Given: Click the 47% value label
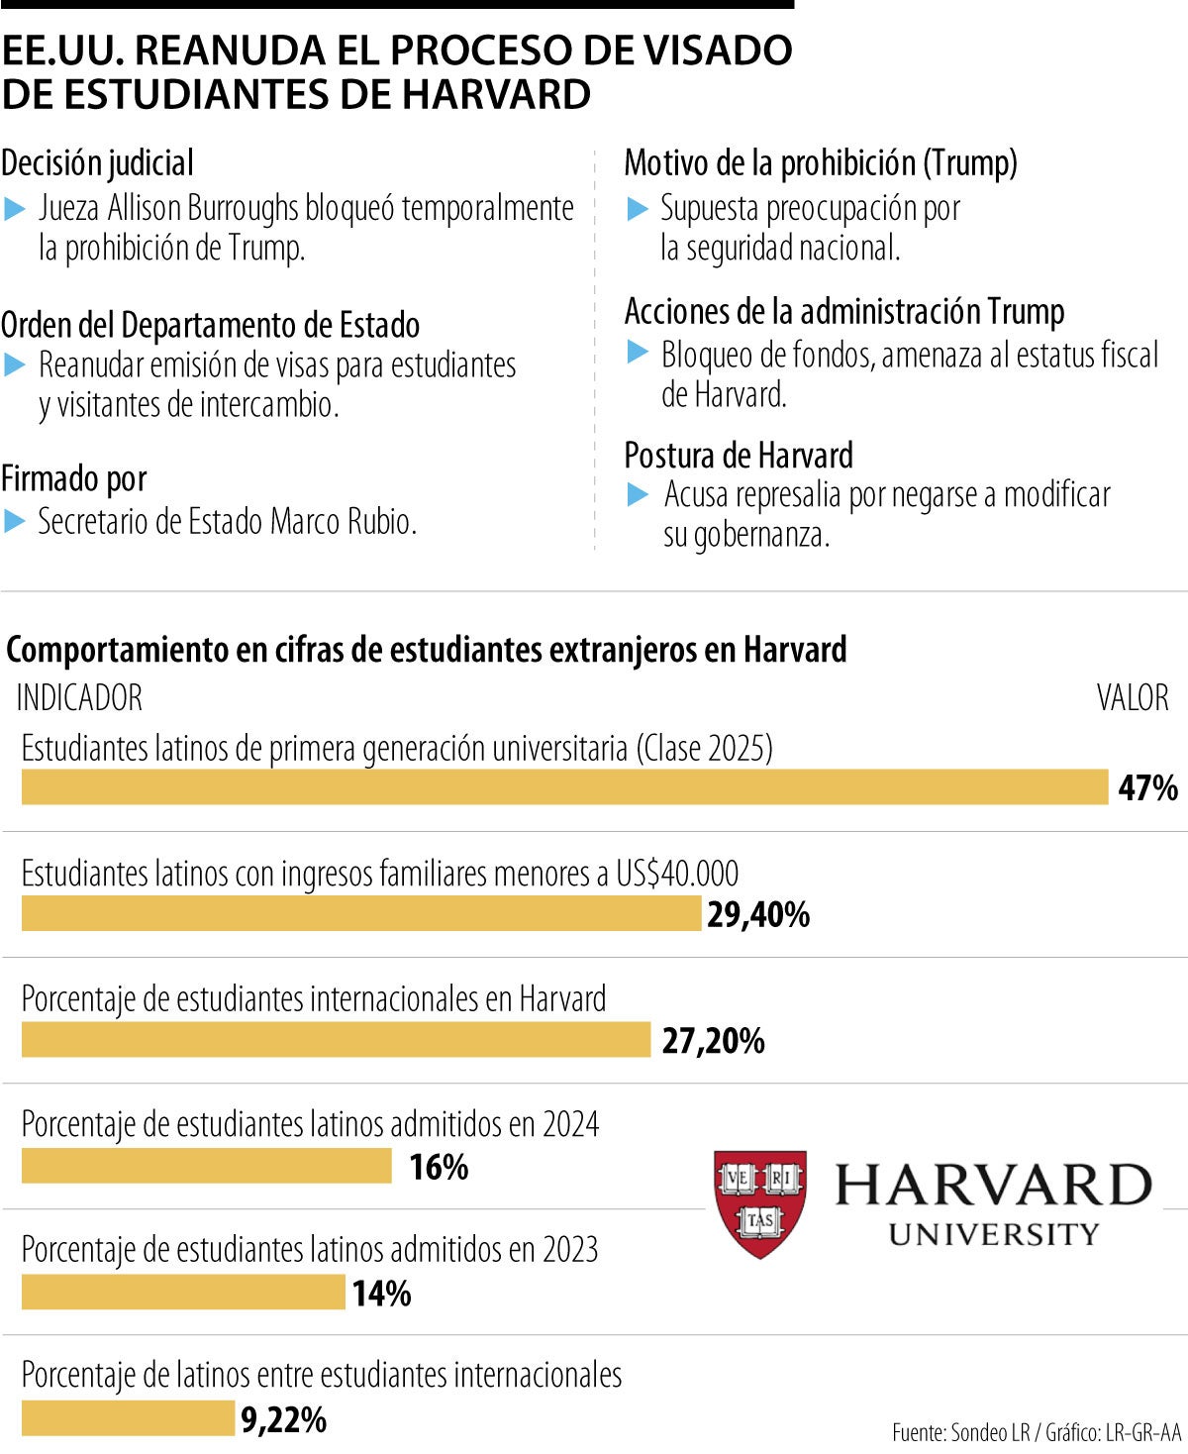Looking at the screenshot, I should tap(1147, 788).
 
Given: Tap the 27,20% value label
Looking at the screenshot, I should tap(713, 1041).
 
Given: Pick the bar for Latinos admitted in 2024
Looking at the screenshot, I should tap(207, 1166).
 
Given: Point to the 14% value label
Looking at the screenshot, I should tap(381, 1294).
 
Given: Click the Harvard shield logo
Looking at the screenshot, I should tap(759, 1203).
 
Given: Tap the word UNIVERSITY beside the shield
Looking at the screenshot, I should tap(994, 1234).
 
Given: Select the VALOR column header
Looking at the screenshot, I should tap(1132, 698).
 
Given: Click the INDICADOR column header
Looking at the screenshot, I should tap(79, 698).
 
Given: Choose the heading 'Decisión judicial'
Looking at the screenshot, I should tap(97, 163).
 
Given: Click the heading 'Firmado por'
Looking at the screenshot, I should tap(74, 479).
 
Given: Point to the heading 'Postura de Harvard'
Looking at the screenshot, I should tap(738, 456).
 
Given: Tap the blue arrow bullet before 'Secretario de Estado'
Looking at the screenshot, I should tap(14, 521).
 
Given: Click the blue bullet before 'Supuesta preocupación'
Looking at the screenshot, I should tap(639, 209).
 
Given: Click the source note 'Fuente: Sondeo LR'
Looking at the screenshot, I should tap(960, 1432).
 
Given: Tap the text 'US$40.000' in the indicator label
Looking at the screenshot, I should tap(677, 874).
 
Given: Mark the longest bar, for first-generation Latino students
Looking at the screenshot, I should tap(564, 787).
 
